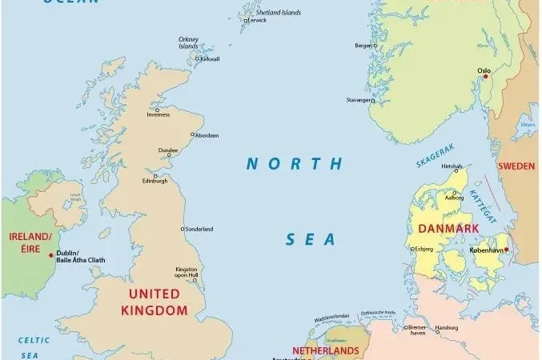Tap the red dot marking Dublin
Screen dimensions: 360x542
click(52, 255)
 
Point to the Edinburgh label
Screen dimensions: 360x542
click(155, 181)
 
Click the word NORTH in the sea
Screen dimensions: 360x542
click(294, 164)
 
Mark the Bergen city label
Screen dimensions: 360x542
click(363, 46)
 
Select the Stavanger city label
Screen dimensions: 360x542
click(358, 100)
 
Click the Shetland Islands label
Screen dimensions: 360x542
click(278, 13)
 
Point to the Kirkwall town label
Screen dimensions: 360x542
click(210, 58)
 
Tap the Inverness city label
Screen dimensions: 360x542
click(158, 114)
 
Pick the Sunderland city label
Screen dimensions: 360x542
click(199, 229)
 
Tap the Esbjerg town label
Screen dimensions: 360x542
click(424, 249)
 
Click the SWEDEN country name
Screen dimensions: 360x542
click(516, 166)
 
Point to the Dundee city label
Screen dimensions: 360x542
click(169, 150)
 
